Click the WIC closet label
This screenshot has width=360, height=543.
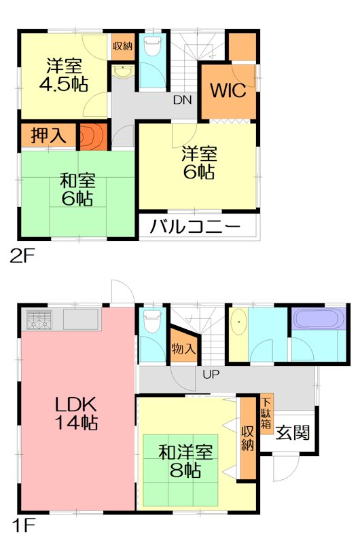[x=227, y=90]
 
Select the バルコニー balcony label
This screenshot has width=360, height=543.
[x=196, y=227]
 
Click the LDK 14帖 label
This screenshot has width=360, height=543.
[x=76, y=413]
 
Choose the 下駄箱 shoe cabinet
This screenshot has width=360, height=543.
[x=266, y=413]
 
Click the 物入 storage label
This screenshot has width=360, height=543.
[x=183, y=350]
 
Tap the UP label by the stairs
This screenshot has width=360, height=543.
[x=211, y=374]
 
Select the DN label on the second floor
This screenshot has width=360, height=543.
[x=182, y=100]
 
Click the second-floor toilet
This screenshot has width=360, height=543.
[x=151, y=49]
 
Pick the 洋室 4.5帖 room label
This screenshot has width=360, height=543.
[x=65, y=75]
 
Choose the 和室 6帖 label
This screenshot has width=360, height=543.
[x=76, y=189]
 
